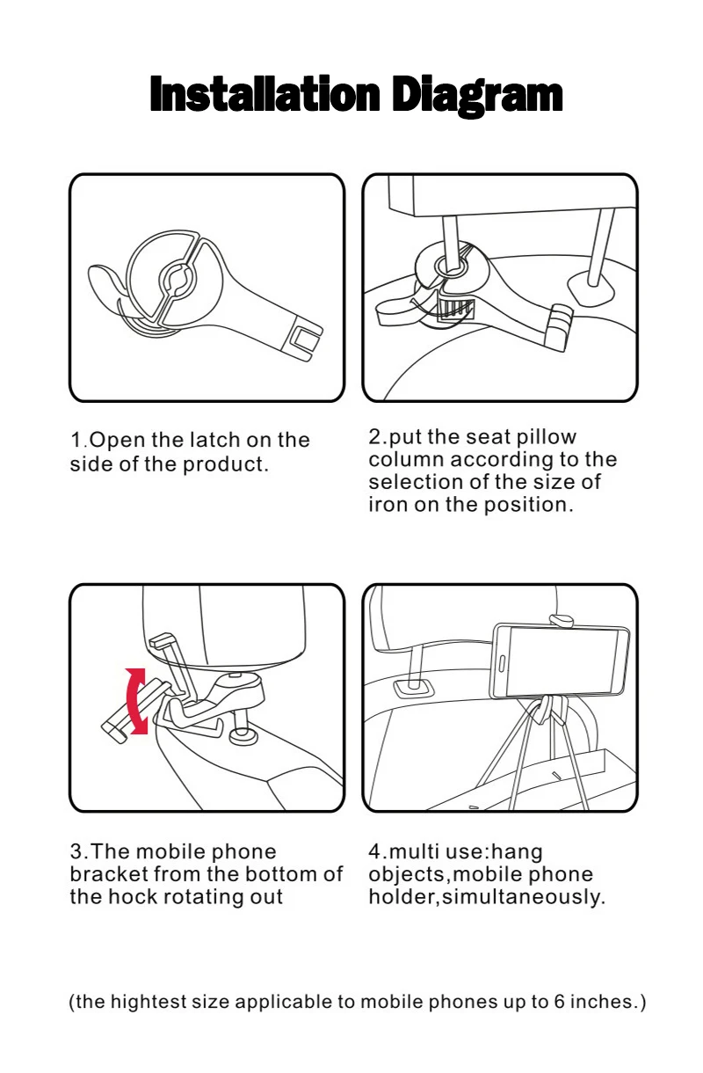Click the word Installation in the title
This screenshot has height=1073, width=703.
point(265,94)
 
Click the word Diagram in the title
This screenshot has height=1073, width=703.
point(477,97)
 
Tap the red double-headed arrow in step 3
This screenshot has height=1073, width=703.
point(136,701)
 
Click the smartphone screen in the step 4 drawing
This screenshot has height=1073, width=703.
point(564,661)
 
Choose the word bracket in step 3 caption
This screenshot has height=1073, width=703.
point(109,873)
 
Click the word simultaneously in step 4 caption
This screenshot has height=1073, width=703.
point(524,897)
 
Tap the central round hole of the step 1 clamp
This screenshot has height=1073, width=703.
point(177,278)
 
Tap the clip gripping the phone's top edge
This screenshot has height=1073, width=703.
point(562,620)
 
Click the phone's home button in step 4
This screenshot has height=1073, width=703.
point(502,663)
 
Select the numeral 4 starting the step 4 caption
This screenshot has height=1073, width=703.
point(374,851)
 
